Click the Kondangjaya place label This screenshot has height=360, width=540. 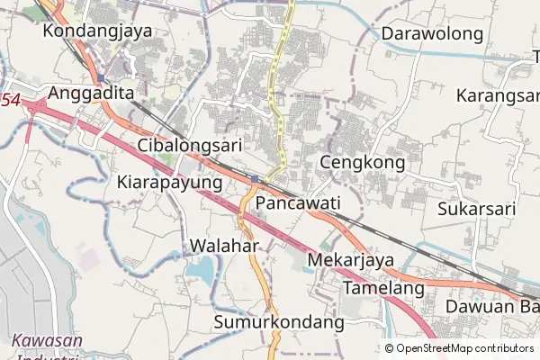coord(97,31)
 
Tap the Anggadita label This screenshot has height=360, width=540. coord(91,93)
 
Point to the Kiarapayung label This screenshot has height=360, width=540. coord(169,182)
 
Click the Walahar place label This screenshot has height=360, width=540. coord(225,246)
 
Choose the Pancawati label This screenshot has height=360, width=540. coord(298,204)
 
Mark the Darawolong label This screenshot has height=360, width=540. coord(433,34)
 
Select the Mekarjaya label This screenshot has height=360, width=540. coord(351,261)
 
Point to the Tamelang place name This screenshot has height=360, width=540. coord(382,289)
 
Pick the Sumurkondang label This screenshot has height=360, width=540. coord(280,321)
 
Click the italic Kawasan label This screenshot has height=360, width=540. coord(47,341)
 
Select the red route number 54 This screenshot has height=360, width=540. coord(9,101)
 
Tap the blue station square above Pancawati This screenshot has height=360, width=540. coord(256,178)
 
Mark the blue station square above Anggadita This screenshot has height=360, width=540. coord(100,79)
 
